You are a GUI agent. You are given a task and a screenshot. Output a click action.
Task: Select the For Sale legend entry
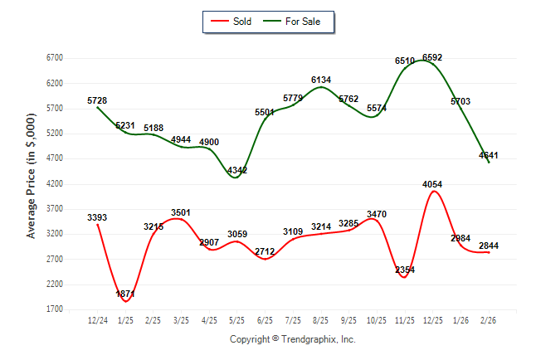(x=302, y=22)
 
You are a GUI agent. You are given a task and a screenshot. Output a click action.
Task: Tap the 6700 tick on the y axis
(x=55, y=58)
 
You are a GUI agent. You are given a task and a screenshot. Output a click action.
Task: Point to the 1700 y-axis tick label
(x=55, y=309)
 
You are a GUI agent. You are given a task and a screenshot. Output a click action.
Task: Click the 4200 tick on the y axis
(x=55, y=183)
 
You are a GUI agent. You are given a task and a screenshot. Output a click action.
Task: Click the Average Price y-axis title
(x=32, y=184)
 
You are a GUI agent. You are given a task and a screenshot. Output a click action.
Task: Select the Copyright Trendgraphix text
(x=292, y=340)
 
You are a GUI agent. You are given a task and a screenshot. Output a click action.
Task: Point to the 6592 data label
(x=432, y=57)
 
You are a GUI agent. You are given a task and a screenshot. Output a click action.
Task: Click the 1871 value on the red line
(x=125, y=294)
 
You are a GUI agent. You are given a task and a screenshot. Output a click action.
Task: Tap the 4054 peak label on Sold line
(x=432, y=184)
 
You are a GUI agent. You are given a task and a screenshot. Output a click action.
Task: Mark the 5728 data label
(x=98, y=100)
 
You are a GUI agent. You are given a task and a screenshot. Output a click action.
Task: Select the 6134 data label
(x=321, y=80)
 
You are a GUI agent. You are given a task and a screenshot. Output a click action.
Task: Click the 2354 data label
(x=405, y=270)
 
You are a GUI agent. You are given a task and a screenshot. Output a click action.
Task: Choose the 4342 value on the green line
(x=237, y=170)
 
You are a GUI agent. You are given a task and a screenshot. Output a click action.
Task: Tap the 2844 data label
(x=488, y=246)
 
